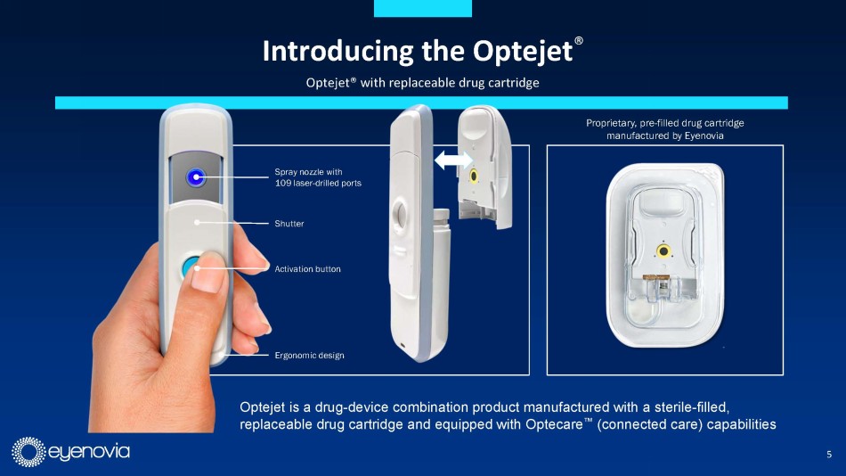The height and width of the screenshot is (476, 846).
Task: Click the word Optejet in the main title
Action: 522,52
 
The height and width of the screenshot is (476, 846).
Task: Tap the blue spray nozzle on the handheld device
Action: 196,176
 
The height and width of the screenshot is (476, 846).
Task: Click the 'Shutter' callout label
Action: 289,224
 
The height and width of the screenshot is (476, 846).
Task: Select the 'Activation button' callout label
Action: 307,269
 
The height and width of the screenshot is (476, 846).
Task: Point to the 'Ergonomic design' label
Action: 309,356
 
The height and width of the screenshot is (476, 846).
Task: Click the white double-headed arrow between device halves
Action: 453,160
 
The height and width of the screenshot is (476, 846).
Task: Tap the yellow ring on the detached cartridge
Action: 474,176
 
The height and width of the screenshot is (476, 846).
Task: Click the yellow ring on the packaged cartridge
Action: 663,250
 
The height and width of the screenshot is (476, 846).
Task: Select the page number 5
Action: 829,455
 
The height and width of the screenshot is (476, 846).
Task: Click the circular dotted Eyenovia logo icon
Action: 28,452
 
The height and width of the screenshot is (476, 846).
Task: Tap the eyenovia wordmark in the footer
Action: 89,452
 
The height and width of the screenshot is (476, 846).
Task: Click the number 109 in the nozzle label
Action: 282,183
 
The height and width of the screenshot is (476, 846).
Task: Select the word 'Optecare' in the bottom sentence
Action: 555,424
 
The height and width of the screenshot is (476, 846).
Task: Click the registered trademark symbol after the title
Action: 578,41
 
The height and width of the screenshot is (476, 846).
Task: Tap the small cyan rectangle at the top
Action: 423,8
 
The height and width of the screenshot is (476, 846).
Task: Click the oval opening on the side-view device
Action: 401,216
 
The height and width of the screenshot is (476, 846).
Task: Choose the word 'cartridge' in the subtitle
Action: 515,83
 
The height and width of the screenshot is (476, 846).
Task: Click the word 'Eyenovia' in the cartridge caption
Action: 704,135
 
